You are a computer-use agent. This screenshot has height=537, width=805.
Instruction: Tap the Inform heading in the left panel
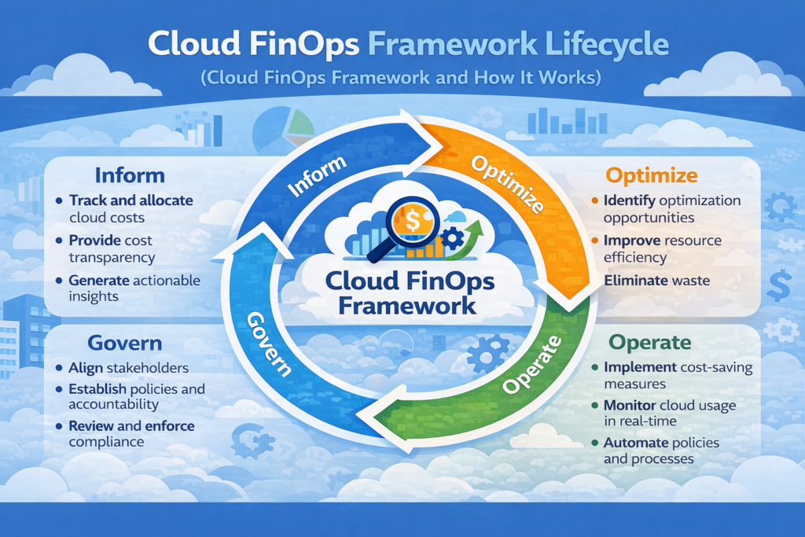(x=130, y=175)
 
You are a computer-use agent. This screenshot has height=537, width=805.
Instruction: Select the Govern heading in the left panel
(x=125, y=343)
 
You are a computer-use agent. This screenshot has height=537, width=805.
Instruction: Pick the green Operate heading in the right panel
(x=650, y=343)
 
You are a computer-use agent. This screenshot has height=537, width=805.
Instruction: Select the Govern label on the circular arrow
(x=270, y=345)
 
